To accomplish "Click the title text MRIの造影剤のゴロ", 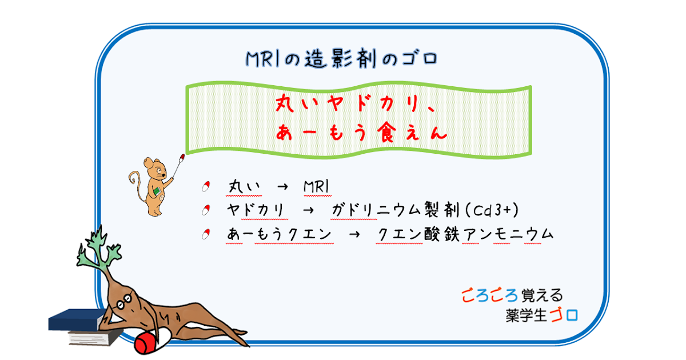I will point(342,58).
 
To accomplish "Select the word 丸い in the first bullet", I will point(245,187).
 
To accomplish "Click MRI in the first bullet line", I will point(318,187).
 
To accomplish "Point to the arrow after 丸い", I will point(281,187).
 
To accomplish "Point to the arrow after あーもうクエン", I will point(353,234).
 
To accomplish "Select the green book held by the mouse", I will point(155,190).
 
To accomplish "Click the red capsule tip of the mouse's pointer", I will point(182,155).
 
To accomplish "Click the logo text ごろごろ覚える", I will point(512,295).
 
